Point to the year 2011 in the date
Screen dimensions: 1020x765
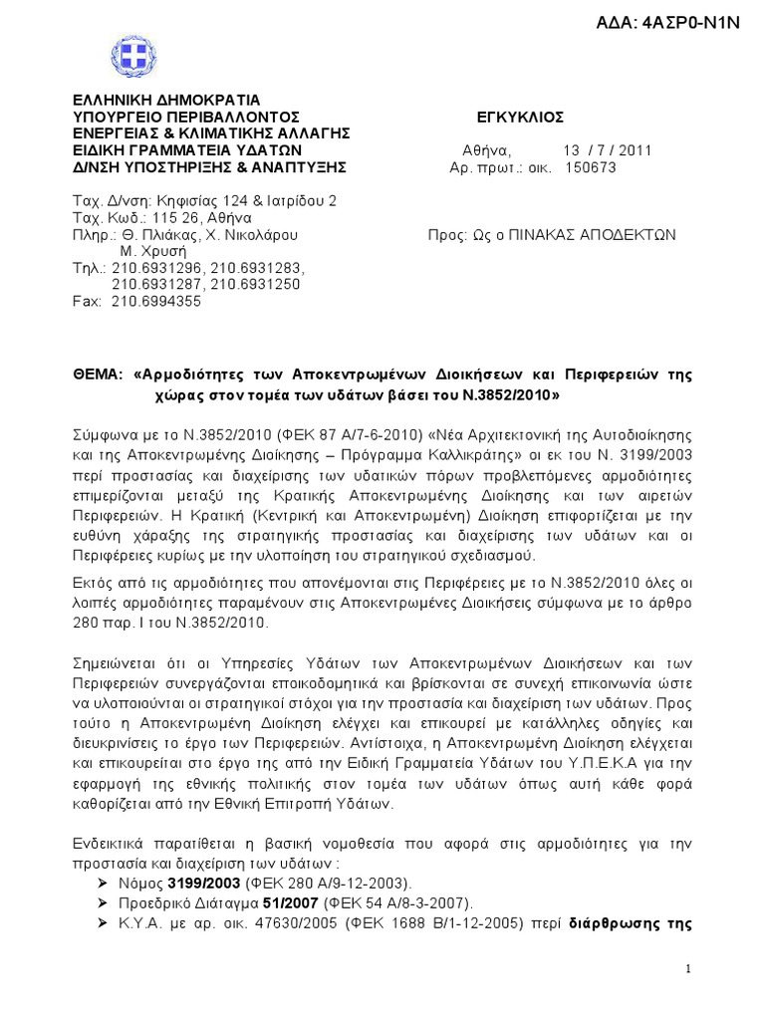point(633,150)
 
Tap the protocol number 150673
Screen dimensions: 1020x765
point(591,167)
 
